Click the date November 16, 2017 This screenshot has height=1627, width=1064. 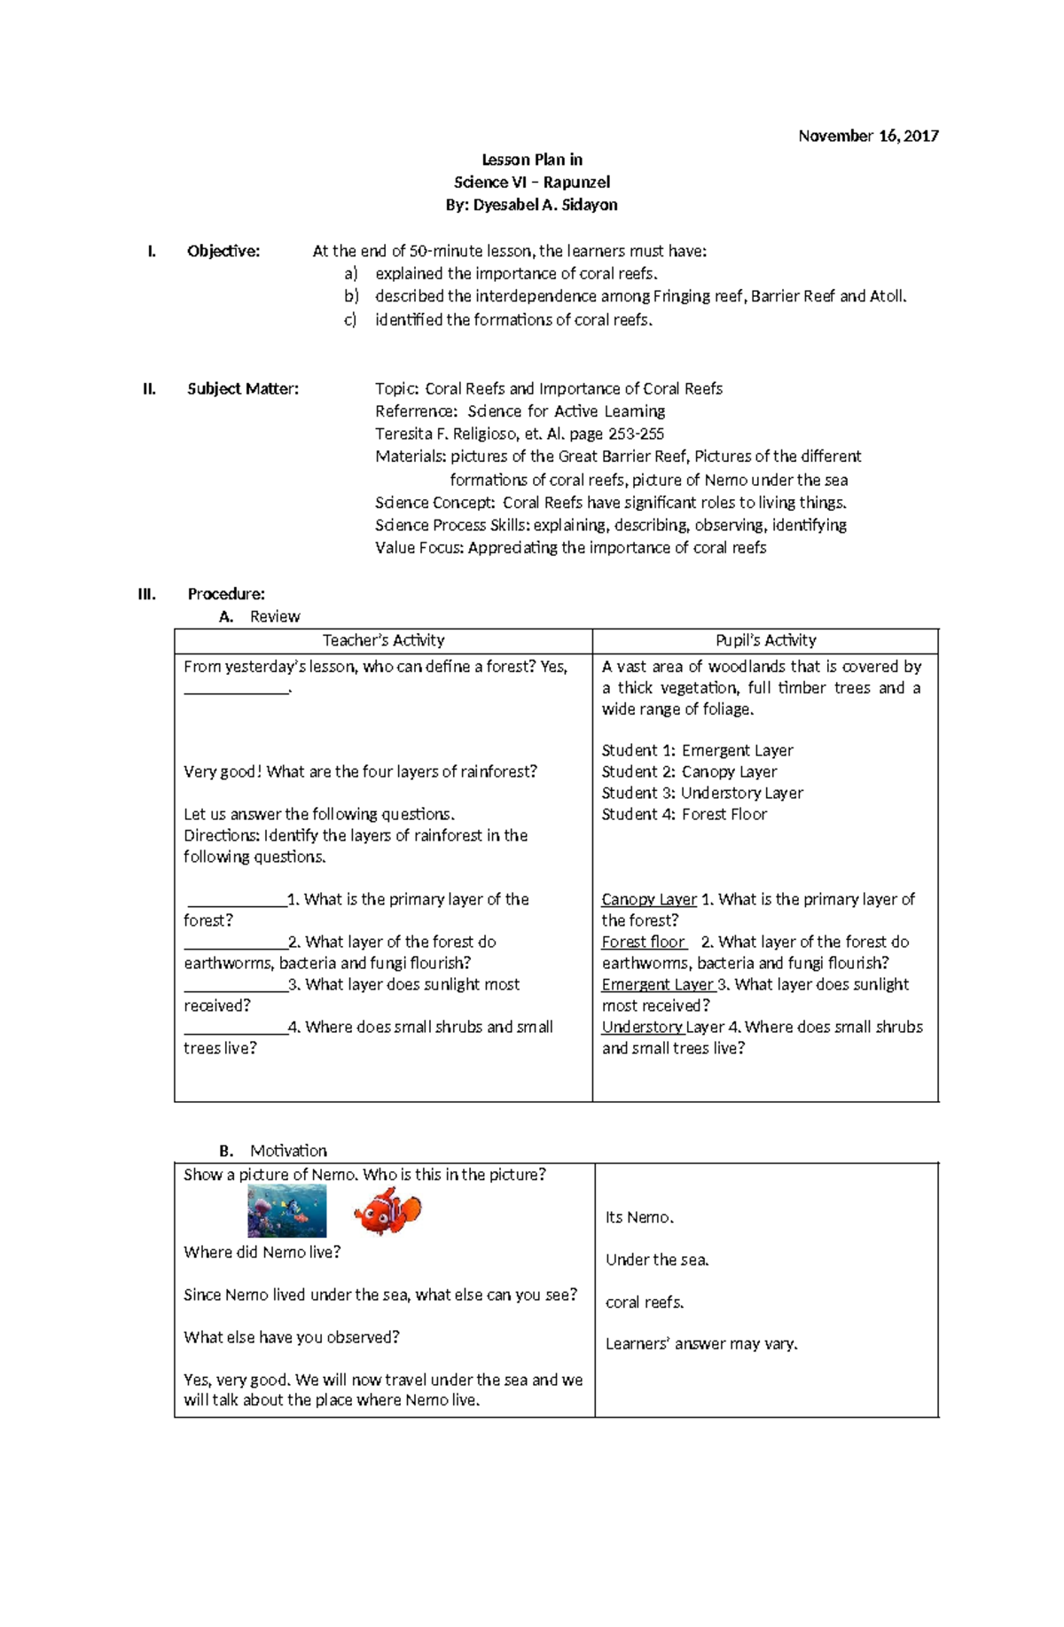(x=867, y=136)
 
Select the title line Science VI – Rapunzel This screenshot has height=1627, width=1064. (x=531, y=182)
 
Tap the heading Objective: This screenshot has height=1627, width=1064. (x=223, y=251)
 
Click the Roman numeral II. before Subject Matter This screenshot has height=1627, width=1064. (x=149, y=388)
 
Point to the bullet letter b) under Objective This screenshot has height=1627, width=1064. (x=351, y=296)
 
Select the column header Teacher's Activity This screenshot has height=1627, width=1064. (x=383, y=640)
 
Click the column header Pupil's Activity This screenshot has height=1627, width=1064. (x=765, y=640)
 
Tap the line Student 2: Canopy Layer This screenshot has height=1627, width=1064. (x=689, y=771)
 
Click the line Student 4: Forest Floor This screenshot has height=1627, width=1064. (x=684, y=814)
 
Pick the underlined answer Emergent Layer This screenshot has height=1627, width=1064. (x=657, y=984)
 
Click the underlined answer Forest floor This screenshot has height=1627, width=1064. (x=643, y=942)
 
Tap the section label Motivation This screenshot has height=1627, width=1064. (x=288, y=1150)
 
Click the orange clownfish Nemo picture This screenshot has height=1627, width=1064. (x=387, y=1211)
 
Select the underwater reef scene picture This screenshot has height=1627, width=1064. (x=286, y=1211)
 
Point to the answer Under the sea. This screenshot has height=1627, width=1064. (x=656, y=1259)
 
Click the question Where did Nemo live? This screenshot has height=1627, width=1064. (x=262, y=1252)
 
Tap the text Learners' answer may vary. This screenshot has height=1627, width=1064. (x=701, y=1343)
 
